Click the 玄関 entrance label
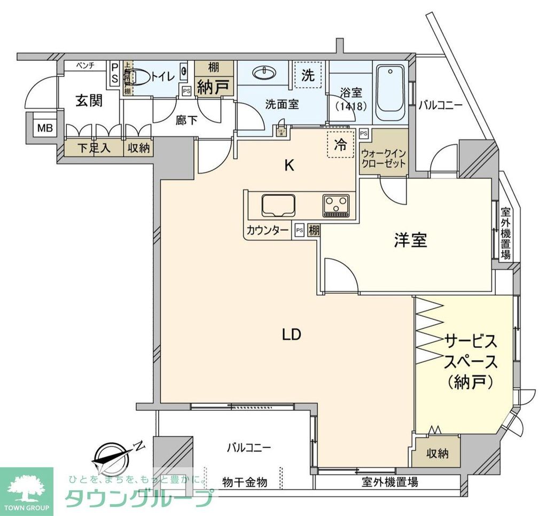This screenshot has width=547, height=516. point(89,100)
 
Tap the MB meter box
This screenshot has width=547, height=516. point(42,128)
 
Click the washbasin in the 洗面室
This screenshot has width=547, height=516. point(263,73)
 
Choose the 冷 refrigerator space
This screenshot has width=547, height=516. point(340,144)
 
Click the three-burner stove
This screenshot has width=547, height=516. point(335,205)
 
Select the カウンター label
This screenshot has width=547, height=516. point(267,231)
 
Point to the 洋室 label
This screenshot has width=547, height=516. point(410,241)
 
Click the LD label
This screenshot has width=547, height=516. point(292,335)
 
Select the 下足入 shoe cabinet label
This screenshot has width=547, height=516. point(93,148)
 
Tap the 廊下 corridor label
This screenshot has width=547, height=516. point(186,120)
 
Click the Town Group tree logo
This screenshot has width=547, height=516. point(26,488)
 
